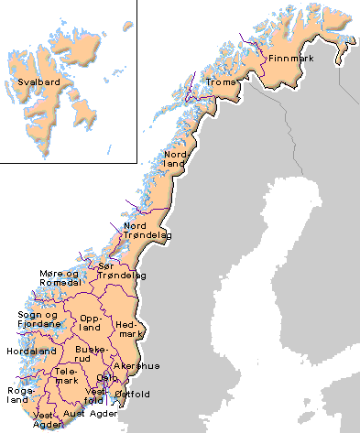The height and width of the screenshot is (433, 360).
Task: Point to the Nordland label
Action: tap(176, 160)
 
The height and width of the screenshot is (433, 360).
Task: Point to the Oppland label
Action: tap(91, 321)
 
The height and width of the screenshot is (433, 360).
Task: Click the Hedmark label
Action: tap(128, 330)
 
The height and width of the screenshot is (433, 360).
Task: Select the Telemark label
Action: tap(67, 376)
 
